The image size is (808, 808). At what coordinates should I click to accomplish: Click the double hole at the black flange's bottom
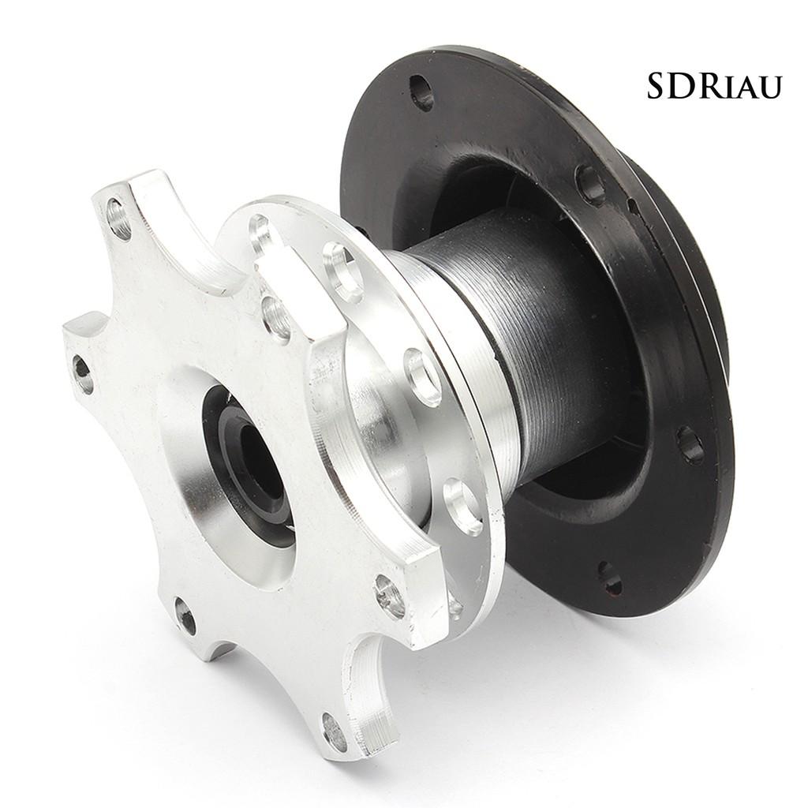click(610, 576)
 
